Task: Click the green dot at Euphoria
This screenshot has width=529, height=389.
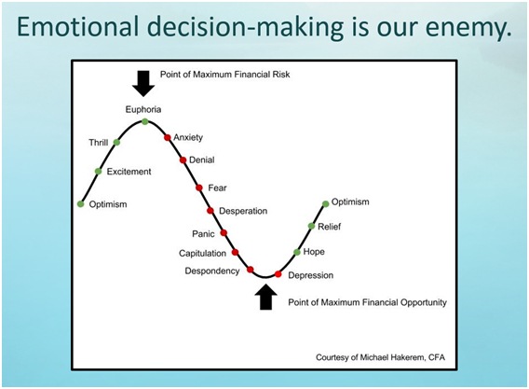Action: [x=145, y=121]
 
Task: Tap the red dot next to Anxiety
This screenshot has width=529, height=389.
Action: [x=168, y=137]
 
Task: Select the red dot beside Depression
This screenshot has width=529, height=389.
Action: [x=278, y=274]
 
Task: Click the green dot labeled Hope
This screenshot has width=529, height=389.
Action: [x=297, y=252]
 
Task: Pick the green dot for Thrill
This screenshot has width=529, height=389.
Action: [x=116, y=143]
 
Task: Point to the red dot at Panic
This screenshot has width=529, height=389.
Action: [x=224, y=233]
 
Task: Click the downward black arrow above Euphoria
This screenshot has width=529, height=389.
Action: [x=143, y=83]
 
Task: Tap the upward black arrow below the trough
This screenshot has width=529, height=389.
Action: [x=265, y=297]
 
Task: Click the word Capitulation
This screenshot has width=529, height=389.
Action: [x=202, y=254]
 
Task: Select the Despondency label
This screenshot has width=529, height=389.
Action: [x=212, y=271]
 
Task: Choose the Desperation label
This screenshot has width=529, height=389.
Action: [x=243, y=211]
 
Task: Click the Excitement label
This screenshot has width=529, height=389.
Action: [x=129, y=172]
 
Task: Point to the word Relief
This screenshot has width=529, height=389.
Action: [x=330, y=227]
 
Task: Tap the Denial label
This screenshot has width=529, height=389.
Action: [x=202, y=160]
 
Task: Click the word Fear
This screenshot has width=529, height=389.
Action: [x=217, y=188]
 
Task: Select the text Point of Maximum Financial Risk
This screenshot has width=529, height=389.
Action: [x=224, y=75]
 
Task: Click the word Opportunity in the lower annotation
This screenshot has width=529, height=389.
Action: [x=424, y=302]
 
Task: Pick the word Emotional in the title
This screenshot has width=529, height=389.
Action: [x=78, y=26]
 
